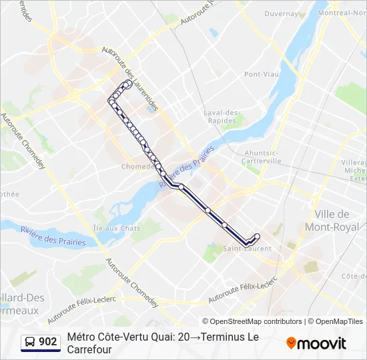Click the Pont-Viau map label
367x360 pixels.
[x=261, y=74]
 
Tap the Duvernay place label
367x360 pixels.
[x=281, y=13]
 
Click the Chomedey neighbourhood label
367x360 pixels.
[x=138, y=167]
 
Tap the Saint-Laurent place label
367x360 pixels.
[x=247, y=249]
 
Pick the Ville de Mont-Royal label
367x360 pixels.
[x=332, y=221]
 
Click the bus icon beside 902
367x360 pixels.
[x=30, y=342]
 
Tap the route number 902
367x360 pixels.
[x=48, y=342]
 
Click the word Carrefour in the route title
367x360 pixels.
[x=89, y=349]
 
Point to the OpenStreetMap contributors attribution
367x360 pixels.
[x=252, y=321]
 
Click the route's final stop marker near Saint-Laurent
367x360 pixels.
[x=257, y=237]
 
